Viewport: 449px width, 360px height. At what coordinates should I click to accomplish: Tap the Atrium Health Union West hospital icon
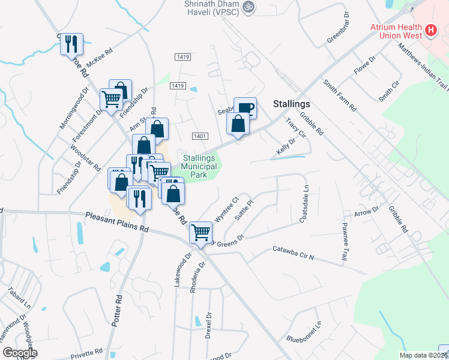[430, 30]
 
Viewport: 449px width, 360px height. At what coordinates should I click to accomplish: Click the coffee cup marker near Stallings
[245, 108]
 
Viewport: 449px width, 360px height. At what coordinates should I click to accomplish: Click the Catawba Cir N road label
[294, 253]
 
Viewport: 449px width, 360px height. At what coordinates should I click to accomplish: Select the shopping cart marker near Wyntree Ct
[200, 232]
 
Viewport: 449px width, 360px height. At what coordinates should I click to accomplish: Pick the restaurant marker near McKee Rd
[71, 44]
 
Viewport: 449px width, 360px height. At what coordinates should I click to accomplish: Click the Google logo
[19, 353]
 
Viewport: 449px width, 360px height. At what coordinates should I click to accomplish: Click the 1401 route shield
[200, 136]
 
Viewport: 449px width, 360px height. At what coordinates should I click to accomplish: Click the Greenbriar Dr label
[338, 28]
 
